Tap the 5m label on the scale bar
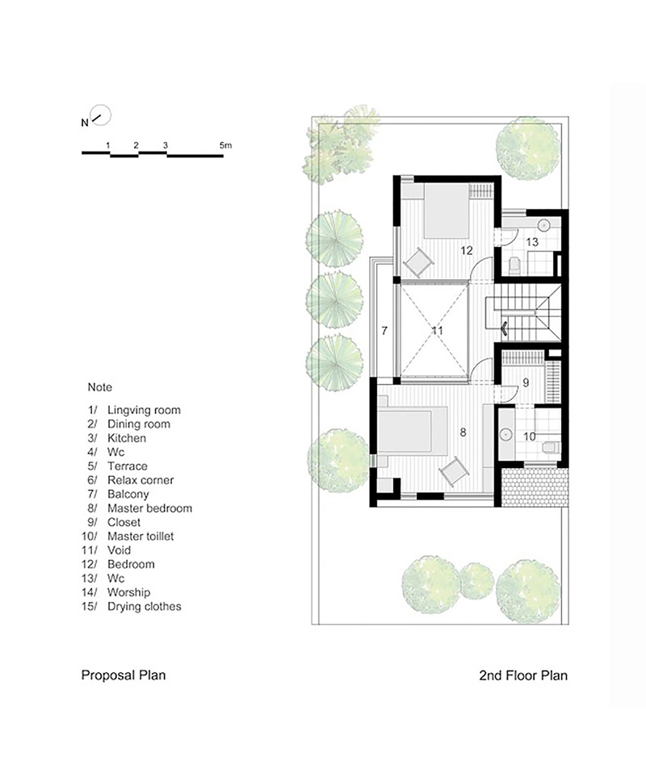click(225, 145)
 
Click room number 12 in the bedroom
click(467, 250)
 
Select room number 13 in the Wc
click(532, 242)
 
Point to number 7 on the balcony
click(384, 331)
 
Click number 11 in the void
click(437, 331)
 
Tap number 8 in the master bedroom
click(463, 432)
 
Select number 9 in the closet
click(526, 382)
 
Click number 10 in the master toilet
click(529, 437)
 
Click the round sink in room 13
click(543, 225)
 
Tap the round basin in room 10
click(505, 434)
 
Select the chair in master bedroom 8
click(454, 472)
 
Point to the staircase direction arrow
click(505, 328)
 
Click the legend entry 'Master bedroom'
click(149, 508)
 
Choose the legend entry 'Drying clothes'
click(144, 606)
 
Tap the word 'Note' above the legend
click(99, 387)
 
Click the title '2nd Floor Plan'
click(523, 675)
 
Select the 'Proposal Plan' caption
click(124, 675)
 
